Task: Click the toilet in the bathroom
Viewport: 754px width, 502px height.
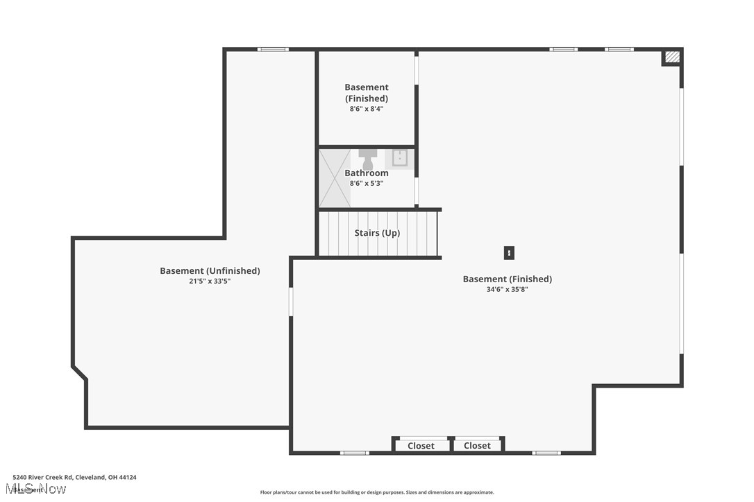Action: click(x=368, y=158)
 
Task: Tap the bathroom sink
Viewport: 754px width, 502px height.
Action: click(x=400, y=159)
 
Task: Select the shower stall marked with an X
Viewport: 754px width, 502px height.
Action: click(x=335, y=178)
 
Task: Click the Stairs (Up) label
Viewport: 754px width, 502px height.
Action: click(x=377, y=233)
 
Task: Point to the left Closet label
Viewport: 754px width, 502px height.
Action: click(x=421, y=446)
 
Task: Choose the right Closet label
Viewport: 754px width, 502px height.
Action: click(x=477, y=446)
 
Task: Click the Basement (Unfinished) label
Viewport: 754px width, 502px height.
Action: click(x=210, y=271)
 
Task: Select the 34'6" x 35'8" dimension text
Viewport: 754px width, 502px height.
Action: click(x=507, y=289)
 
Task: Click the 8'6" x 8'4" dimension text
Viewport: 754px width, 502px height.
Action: click(x=367, y=109)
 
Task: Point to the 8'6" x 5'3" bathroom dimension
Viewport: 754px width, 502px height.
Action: click(x=367, y=183)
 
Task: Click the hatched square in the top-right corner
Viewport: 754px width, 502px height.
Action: click(x=671, y=58)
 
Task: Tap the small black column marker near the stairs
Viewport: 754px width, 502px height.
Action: click(x=509, y=254)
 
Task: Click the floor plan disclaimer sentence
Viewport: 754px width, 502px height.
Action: click(x=377, y=492)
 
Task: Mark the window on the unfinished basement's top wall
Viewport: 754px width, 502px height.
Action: click(x=273, y=49)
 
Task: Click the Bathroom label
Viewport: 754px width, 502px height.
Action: click(x=367, y=173)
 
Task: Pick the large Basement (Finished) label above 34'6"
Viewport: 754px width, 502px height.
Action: click(x=507, y=279)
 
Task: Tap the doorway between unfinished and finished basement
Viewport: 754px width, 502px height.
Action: click(x=291, y=302)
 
